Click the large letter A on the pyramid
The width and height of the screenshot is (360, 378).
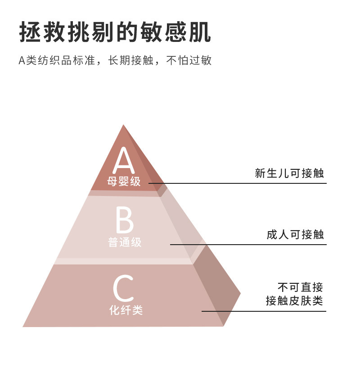pos(124,160)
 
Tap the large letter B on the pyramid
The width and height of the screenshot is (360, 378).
pos(125,220)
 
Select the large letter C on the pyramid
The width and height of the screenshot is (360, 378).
pos(123,288)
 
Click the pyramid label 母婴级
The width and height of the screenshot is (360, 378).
pos(124,181)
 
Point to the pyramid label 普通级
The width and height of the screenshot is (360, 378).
pos(125,242)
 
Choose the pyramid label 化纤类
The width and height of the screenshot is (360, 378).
pos(126,310)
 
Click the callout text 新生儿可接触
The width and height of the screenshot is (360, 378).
pos(289,173)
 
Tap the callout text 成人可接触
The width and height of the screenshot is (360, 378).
pos(295,235)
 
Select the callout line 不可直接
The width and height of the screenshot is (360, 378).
pos(300,287)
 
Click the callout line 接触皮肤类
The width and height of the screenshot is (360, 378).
pos(294,301)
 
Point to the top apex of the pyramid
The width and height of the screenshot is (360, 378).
pos(123,125)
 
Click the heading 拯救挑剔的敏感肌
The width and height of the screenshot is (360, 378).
pos(115,32)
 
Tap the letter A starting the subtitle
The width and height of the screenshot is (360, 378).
pos(22,60)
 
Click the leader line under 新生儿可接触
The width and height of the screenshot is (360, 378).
pos(238,183)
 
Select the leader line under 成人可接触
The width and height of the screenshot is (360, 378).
pos(248,245)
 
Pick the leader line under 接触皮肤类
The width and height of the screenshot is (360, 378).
pos(264,311)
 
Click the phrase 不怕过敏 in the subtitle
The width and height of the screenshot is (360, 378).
pos(189,60)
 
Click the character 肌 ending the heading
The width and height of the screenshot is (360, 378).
pos(200,32)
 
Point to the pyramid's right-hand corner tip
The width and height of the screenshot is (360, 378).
pos(240,293)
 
